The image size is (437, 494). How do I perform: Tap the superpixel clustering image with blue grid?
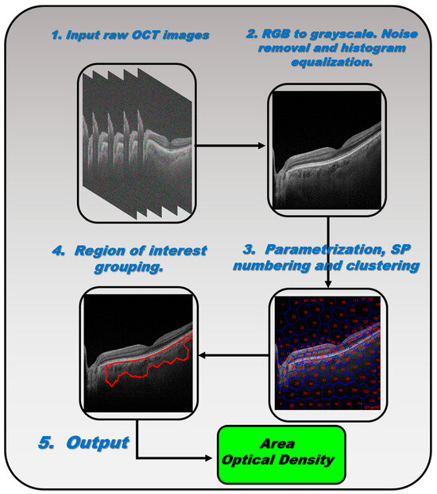[x=328, y=353]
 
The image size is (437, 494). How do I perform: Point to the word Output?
[x=97, y=442]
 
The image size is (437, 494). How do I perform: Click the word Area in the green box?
[x=282, y=445]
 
